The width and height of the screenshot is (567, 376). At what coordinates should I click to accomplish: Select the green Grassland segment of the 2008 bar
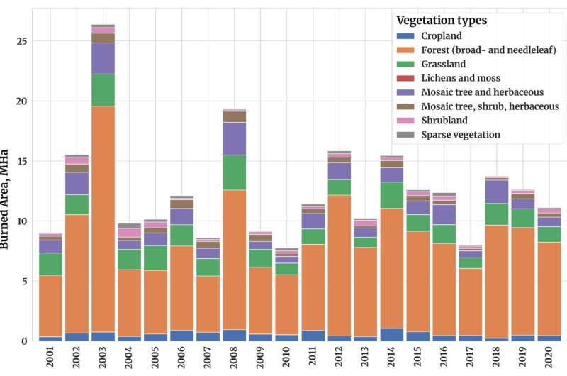[235, 172]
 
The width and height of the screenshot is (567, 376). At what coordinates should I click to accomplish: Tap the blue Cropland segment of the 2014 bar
[392, 334]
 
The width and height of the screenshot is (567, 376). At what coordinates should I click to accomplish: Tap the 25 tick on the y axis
[23, 41]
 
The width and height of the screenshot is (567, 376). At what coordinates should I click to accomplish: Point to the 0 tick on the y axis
[26, 341]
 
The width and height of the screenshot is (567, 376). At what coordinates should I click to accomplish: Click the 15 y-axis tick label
[23, 161]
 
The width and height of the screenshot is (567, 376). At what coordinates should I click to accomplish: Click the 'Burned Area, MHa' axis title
[6, 199]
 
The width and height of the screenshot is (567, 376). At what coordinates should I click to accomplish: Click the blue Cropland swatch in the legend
[405, 36]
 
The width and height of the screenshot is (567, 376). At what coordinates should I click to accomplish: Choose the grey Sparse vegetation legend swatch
[405, 134]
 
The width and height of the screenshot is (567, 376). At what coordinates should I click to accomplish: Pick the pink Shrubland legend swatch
[405, 120]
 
